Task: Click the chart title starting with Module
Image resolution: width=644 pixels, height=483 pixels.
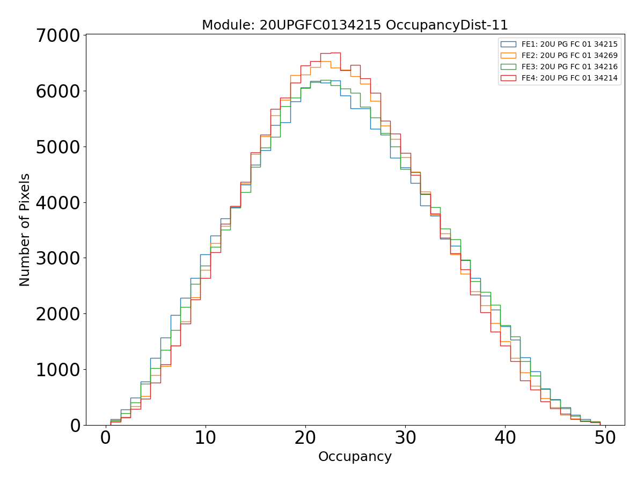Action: click(355, 25)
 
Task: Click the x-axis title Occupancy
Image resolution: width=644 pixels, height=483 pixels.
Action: click(355, 457)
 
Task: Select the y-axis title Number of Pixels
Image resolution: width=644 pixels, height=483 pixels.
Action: click(25, 230)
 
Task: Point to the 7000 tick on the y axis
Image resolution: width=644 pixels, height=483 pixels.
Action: click(57, 35)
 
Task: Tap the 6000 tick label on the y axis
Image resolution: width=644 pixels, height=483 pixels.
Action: click(57, 91)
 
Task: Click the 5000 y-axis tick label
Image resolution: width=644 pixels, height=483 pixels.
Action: click(57, 147)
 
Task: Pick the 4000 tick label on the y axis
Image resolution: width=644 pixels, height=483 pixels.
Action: click(57, 203)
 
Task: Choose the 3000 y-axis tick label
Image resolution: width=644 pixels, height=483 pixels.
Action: click(57, 258)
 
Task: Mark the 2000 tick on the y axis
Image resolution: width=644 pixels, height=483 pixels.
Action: click(57, 314)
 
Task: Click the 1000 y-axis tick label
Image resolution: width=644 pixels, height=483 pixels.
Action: click(57, 370)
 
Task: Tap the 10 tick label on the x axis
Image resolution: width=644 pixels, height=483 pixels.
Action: click(205, 438)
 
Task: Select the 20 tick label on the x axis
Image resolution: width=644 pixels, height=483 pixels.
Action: click(305, 438)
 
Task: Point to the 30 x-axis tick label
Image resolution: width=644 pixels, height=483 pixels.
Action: click(405, 438)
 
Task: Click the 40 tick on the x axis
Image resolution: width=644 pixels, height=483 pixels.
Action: click(505, 438)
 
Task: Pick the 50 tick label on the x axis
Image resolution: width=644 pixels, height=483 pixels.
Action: click(605, 438)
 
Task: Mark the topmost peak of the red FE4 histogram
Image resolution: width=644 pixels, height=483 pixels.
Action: click(335, 53)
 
